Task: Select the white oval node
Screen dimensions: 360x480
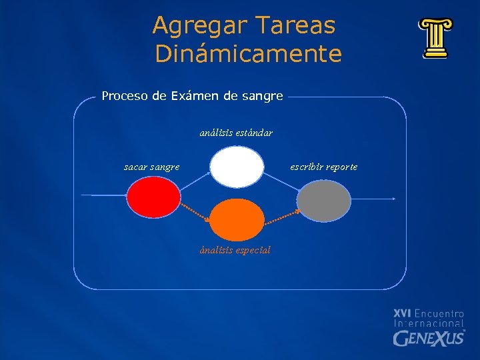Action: click(x=237, y=167)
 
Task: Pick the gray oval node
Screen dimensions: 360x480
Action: click(x=323, y=200)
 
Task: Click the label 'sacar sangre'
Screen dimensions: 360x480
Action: click(x=151, y=167)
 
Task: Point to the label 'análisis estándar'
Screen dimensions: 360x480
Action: click(x=236, y=133)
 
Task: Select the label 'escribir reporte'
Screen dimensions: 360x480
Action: click(x=323, y=167)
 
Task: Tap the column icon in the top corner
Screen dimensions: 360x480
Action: click(x=435, y=39)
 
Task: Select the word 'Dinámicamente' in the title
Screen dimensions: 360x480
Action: click(x=248, y=54)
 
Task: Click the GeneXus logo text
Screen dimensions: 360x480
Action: click(x=428, y=339)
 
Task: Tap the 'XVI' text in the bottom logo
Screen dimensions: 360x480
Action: click(x=403, y=313)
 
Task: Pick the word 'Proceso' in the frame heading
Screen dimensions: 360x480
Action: click(x=125, y=96)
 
